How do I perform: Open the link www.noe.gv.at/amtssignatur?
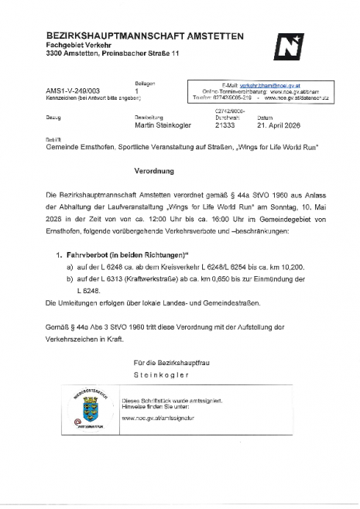pos(159,417)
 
